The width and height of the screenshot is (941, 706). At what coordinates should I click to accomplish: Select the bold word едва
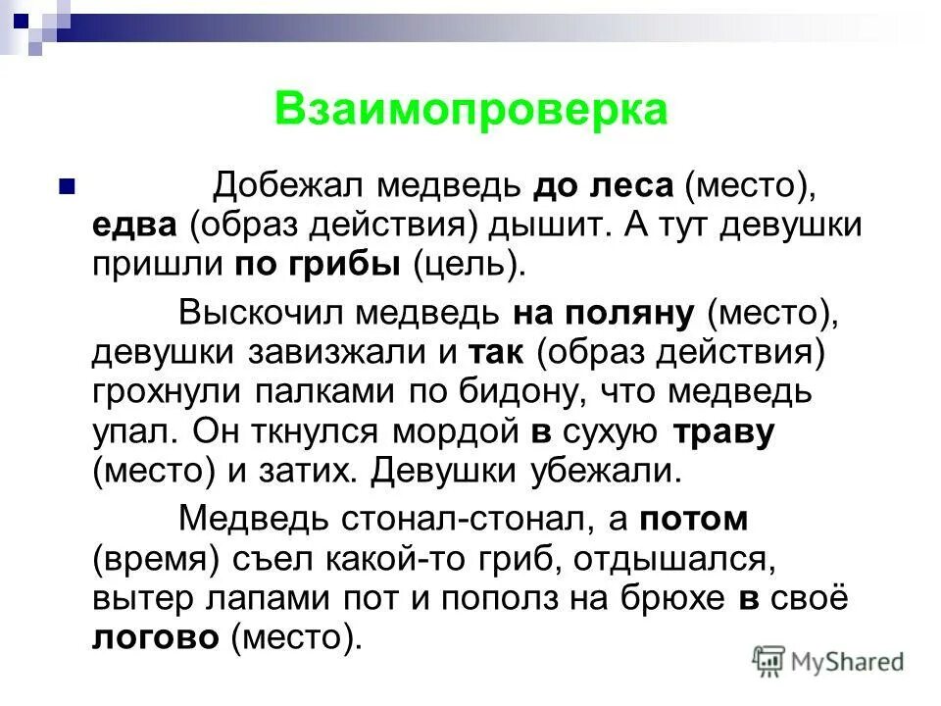click(x=134, y=225)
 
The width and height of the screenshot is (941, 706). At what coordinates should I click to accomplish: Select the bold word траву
click(x=723, y=430)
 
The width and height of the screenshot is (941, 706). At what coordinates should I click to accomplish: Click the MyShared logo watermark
click(x=829, y=661)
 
